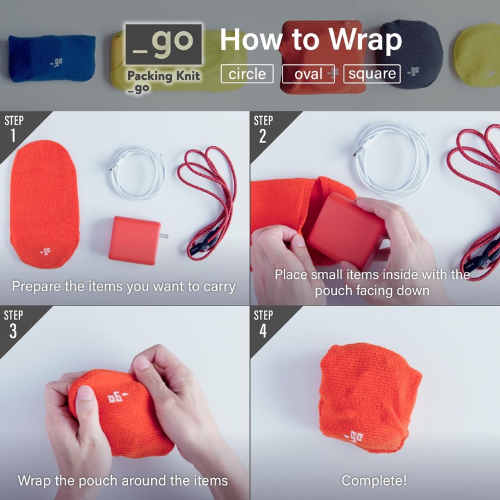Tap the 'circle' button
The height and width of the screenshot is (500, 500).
click(247, 74)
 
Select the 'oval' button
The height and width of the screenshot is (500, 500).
click(308, 74)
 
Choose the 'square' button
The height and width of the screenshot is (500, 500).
click(372, 74)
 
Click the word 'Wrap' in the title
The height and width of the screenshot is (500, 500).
click(366, 41)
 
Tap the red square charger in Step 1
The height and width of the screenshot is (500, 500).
click(134, 240)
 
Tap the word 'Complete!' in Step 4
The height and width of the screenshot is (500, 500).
click(374, 481)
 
